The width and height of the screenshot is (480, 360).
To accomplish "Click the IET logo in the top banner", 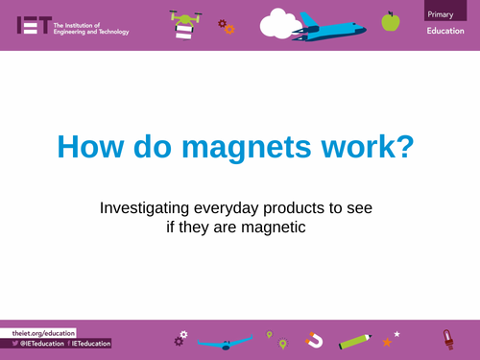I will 33,25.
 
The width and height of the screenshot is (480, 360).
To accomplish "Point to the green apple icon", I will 390,20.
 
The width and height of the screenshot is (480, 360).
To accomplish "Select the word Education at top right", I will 446,32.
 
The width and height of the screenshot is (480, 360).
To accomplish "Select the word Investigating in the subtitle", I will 145,208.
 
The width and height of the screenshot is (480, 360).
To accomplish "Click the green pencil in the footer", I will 354,339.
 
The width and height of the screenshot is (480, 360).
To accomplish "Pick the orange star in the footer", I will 387,341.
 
